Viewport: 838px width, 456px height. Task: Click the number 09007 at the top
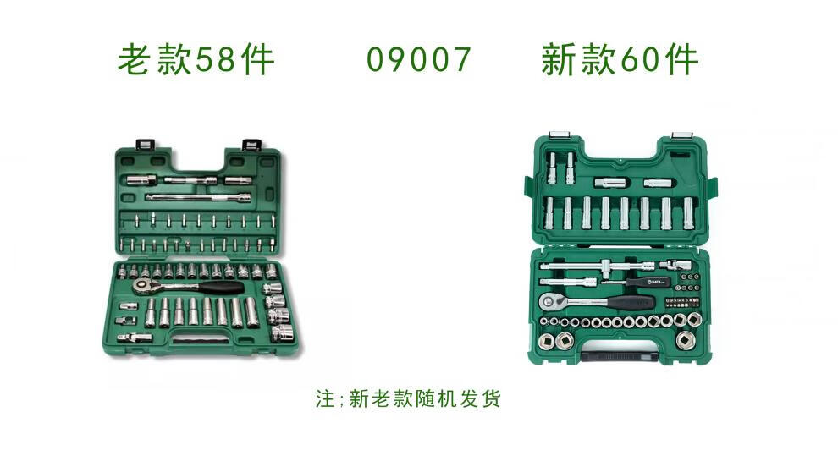point(418,59)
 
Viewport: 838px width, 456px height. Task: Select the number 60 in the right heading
point(641,59)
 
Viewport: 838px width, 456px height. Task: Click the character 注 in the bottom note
point(325,398)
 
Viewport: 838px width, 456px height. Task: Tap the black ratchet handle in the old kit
point(222,288)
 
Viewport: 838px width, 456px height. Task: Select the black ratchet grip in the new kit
point(634,302)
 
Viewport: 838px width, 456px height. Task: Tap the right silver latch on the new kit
point(681,135)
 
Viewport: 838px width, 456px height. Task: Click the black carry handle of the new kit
point(620,356)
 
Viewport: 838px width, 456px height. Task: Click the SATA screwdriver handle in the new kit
point(648,282)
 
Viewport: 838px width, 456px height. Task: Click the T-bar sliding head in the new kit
point(607,265)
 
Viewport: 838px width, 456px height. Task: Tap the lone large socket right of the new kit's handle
point(685,340)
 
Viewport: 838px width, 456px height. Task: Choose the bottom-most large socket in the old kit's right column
point(283,333)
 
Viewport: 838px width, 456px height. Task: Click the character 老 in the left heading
point(134,59)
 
